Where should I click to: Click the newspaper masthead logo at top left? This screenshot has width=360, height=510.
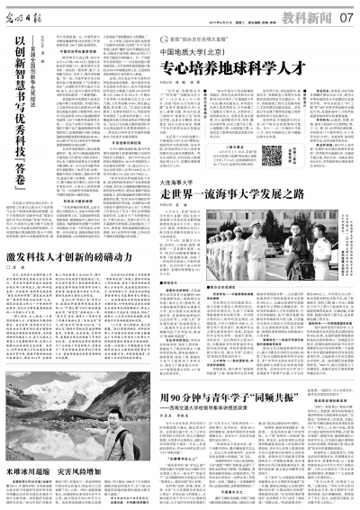[x=28, y=14]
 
